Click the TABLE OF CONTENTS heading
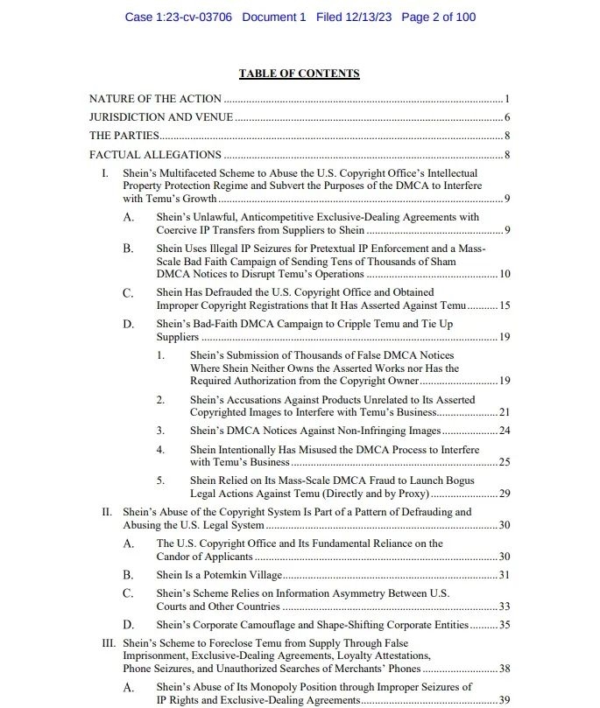(299, 74)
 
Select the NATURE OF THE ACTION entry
(155, 100)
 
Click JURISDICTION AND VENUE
(161, 117)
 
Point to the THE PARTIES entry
(124, 136)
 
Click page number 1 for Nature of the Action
(507, 100)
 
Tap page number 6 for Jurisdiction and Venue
(507, 117)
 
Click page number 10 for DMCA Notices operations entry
(505, 274)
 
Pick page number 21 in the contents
(505, 411)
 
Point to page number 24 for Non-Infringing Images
(505, 431)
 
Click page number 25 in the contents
(505, 461)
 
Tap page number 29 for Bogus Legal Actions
(505, 494)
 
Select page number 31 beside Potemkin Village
(505, 575)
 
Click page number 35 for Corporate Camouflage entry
(505, 625)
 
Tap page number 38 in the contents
(505, 669)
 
